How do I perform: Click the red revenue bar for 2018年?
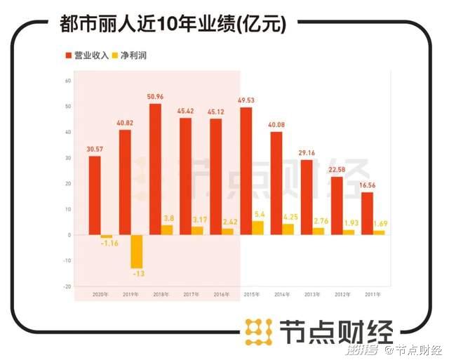point(155,169)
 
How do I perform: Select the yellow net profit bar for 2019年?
point(137,251)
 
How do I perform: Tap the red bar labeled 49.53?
point(246,171)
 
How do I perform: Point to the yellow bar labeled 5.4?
point(258,227)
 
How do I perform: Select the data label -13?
point(138,274)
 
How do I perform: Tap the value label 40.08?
point(276,126)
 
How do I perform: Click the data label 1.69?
point(380,224)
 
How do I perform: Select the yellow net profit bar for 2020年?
point(107,236)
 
